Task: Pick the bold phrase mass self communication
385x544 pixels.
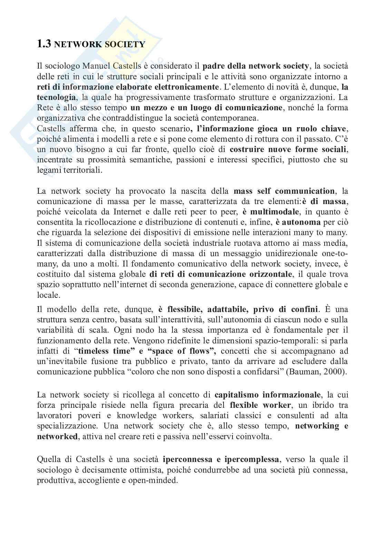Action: [284, 191]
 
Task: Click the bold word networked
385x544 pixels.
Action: [57, 436]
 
